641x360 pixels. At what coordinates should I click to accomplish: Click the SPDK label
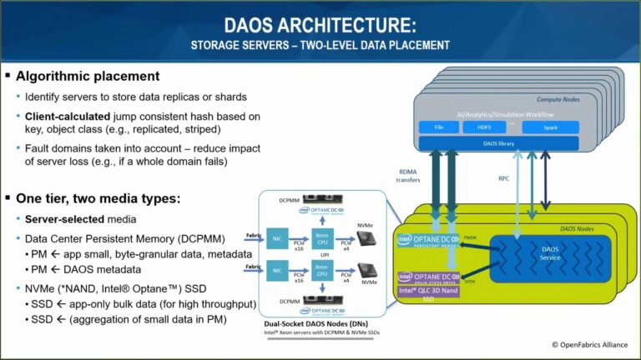469,282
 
